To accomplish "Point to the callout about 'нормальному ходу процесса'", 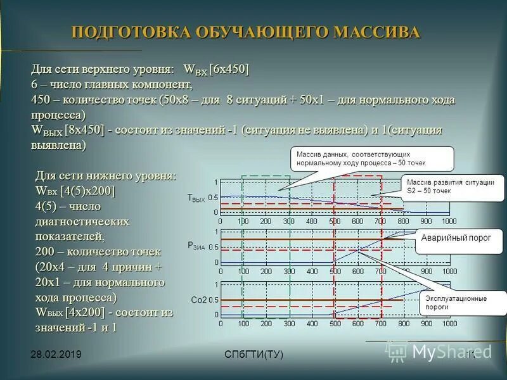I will point(372,158).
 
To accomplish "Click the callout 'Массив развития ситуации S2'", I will point(451,186).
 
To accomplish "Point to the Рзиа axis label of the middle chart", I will point(196,245).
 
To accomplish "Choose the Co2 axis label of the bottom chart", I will point(198,299).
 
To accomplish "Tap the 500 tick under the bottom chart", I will point(335,324).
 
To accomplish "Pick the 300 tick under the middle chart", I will point(288,271).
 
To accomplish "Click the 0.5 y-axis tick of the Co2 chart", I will point(213,300).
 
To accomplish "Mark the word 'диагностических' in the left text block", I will point(82,221).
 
